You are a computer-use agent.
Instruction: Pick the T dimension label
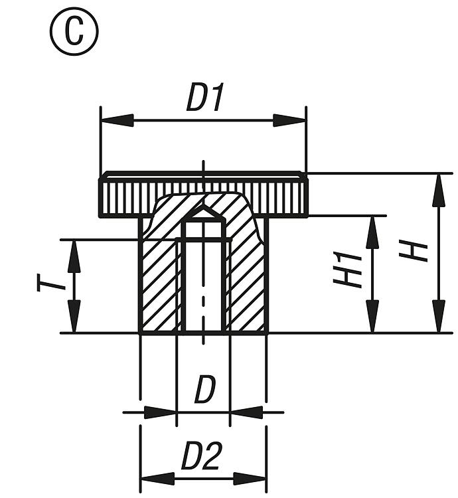tap(52, 284)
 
